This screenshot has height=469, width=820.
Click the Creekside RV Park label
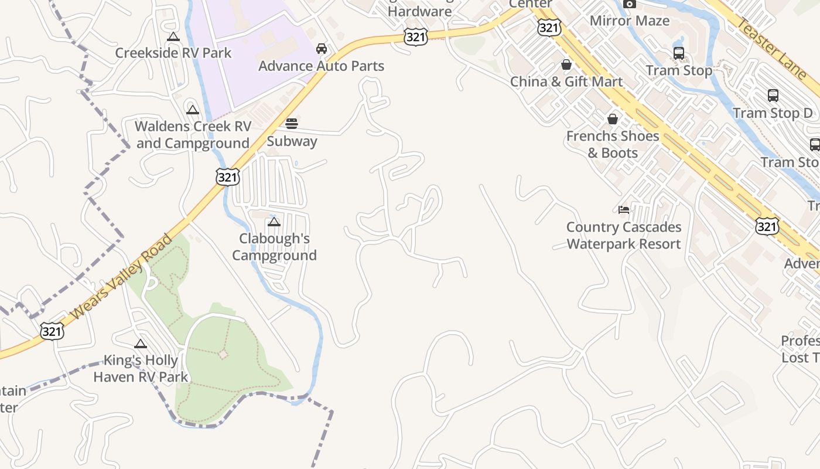point(173,53)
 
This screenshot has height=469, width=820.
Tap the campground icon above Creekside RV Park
point(173,37)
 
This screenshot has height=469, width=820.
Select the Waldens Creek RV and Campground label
point(193,135)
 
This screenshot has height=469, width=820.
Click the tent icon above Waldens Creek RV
point(193,110)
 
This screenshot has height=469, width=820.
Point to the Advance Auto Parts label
point(321,66)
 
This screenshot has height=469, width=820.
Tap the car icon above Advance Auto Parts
point(321,48)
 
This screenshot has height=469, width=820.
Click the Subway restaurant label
point(292,141)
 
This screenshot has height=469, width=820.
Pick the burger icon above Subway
point(292,123)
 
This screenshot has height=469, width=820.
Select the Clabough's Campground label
point(274,247)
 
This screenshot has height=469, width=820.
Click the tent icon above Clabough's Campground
point(274,222)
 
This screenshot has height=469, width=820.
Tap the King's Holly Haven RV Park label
point(141,368)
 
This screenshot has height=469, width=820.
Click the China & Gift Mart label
point(566,81)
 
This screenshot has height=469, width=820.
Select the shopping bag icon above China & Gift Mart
point(566,64)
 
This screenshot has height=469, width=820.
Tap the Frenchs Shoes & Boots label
point(613,144)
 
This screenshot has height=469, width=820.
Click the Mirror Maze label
point(630,21)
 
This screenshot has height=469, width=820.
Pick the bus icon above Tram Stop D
point(773,95)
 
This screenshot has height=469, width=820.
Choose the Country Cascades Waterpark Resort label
point(624,235)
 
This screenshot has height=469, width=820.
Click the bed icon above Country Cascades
point(624,209)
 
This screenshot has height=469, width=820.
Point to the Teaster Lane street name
point(771,48)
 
